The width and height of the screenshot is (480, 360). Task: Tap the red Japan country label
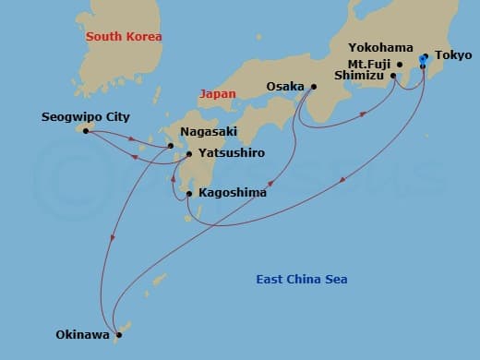pyautogui.click(x=218, y=93)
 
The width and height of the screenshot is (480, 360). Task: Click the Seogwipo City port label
pyautogui.click(x=86, y=117)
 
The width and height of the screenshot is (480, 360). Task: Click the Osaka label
pyautogui.click(x=285, y=87)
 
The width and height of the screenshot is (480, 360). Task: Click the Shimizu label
pyautogui.click(x=361, y=77)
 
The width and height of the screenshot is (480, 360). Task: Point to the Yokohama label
pyautogui.click(x=380, y=46)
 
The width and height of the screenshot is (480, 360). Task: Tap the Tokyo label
pyautogui.click(x=452, y=55)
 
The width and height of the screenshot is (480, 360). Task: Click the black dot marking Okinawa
pyautogui.click(x=118, y=335)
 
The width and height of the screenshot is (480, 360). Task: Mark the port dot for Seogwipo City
pyautogui.click(x=86, y=131)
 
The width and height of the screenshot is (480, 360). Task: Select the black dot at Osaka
pyautogui.click(x=314, y=88)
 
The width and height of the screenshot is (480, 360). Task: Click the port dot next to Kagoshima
pyautogui.click(x=189, y=194)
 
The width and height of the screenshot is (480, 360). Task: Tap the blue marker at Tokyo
pyautogui.click(x=423, y=59)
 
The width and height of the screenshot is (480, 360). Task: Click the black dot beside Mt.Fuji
pyautogui.click(x=400, y=65)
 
